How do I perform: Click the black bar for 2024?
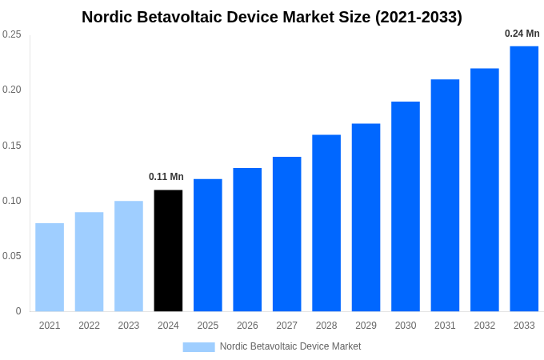click(x=168, y=250)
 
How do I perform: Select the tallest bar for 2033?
click(x=524, y=178)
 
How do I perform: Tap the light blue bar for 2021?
click(x=50, y=267)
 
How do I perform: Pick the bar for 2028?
click(x=326, y=223)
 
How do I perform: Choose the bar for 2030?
click(x=406, y=206)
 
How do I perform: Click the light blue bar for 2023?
click(x=129, y=256)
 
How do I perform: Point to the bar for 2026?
click(x=247, y=239)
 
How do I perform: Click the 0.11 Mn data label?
click(x=166, y=177)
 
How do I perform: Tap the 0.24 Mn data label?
click(x=522, y=34)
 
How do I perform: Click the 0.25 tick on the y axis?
click(x=12, y=34)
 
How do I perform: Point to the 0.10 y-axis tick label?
click(x=12, y=201)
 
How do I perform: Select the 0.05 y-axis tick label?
click(x=12, y=256)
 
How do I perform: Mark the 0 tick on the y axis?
click(x=18, y=311)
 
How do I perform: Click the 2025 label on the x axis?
click(x=208, y=326)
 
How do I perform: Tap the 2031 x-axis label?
click(x=445, y=326)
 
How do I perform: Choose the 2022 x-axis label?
click(x=89, y=326)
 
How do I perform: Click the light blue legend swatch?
click(x=198, y=346)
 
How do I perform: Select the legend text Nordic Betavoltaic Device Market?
click(x=290, y=346)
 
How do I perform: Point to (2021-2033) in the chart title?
click(x=418, y=17)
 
